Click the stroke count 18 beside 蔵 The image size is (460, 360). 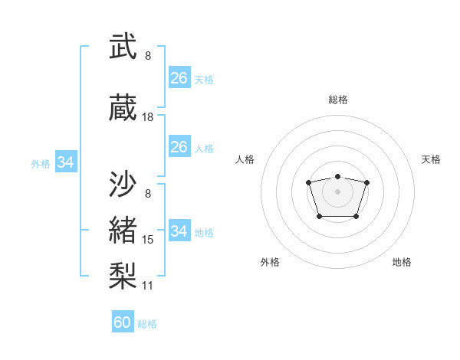148,117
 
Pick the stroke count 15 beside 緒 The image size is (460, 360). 148,240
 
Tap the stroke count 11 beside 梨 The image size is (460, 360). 148,286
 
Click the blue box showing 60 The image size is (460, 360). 123,322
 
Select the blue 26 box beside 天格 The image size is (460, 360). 179,78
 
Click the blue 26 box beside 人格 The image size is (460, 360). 179,147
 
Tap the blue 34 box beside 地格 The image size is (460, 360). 179,231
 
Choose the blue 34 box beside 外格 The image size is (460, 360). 66,162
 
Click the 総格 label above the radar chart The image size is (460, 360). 337,100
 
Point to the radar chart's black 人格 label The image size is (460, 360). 245,159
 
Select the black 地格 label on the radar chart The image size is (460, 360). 402,262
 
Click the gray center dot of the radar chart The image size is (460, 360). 337,191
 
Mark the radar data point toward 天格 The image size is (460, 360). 367,182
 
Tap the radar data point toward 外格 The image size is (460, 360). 319,217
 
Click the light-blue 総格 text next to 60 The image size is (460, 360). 147,324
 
